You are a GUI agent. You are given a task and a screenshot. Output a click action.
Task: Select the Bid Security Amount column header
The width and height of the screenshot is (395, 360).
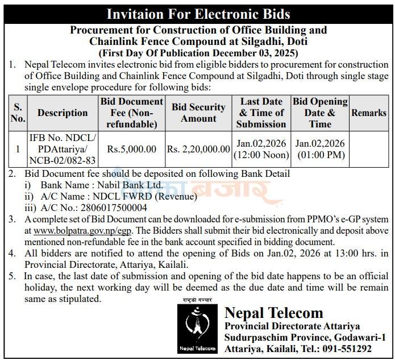[x=198, y=113]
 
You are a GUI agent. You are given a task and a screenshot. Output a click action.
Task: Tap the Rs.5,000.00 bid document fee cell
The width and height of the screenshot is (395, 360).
[x=132, y=149]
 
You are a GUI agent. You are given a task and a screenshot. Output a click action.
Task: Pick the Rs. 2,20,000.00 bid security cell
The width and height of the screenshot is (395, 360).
[x=198, y=149]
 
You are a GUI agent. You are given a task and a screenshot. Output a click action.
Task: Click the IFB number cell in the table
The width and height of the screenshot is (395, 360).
[x=62, y=149]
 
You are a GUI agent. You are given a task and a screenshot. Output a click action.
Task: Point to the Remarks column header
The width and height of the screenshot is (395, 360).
[x=368, y=113]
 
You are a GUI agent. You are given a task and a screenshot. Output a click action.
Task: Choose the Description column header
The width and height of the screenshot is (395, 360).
[x=62, y=113]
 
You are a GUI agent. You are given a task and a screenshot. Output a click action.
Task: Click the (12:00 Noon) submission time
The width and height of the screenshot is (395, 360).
[x=260, y=155]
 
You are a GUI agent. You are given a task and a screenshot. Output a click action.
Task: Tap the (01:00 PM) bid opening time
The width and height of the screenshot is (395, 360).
[x=320, y=155]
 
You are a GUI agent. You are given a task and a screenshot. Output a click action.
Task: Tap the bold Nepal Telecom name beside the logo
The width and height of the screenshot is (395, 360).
[x=273, y=313]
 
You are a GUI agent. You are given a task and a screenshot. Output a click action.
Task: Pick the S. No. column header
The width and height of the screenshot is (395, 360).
[x=18, y=113]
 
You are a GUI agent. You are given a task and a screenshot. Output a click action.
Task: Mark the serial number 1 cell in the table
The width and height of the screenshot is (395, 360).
[x=18, y=149]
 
